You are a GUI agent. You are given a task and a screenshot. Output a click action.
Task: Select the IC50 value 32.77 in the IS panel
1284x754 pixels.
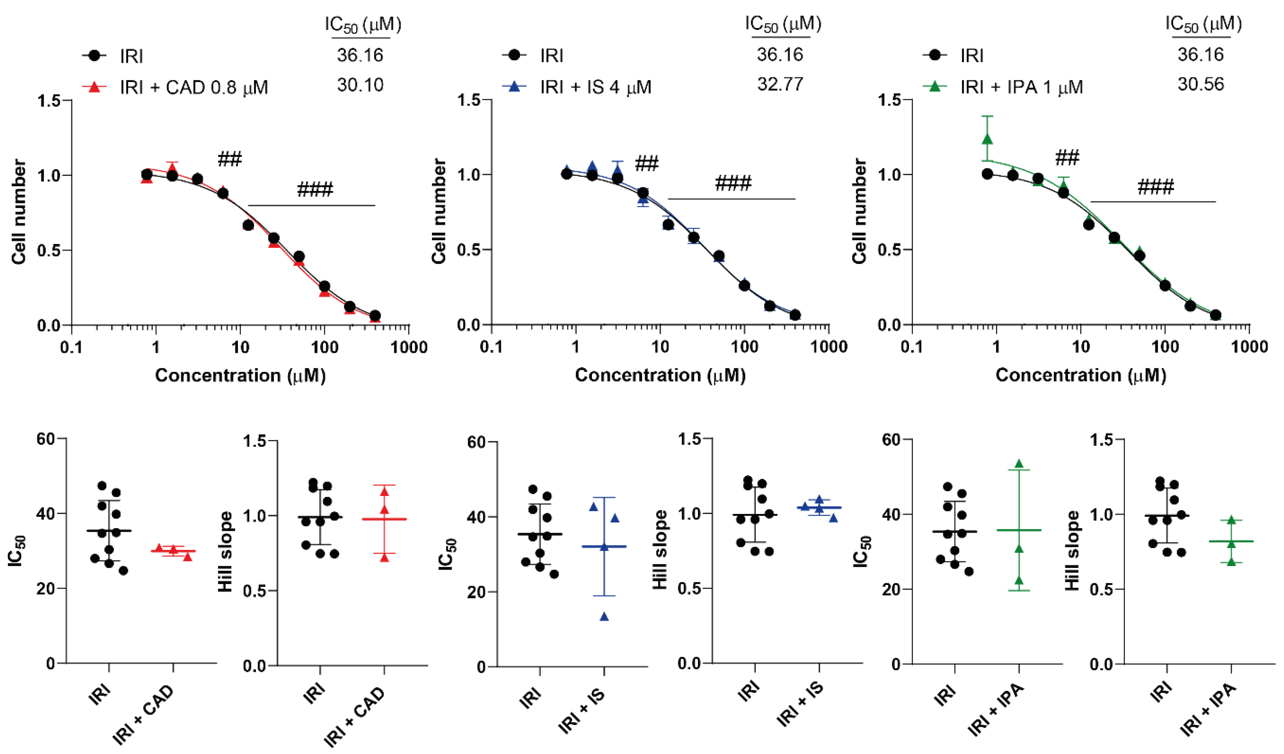point(780,84)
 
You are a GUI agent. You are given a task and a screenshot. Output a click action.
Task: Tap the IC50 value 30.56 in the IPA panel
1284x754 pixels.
point(1201,84)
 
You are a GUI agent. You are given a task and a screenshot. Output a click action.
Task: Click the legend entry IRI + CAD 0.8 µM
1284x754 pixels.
point(194,88)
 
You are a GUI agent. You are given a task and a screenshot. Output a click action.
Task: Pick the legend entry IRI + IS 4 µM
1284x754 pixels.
point(595,88)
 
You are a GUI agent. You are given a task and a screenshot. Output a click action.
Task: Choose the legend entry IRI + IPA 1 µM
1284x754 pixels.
point(1021,88)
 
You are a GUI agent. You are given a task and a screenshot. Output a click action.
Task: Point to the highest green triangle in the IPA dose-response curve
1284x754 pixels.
point(987,139)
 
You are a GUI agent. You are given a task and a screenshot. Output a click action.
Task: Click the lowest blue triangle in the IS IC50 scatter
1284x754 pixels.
point(604,617)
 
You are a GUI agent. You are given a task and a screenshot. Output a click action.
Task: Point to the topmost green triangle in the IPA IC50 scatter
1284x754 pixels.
point(1019,464)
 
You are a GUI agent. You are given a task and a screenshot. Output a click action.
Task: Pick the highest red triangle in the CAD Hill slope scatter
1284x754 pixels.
point(384,492)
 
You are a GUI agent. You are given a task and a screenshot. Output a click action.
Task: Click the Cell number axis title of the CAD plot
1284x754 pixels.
point(18,211)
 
